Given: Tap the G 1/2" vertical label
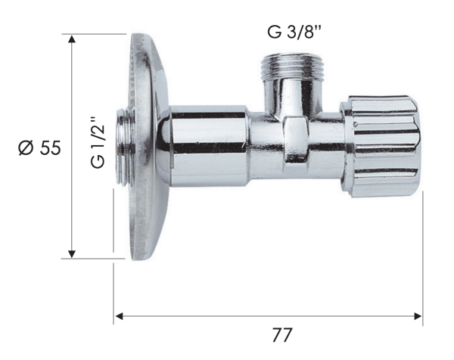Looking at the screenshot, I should click(x=97, y=141).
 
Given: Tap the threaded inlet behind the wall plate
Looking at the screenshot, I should click(x=123, y=147).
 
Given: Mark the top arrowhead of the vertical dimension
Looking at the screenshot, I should click(x=73, y=39).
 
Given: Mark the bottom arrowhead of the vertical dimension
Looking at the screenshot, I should click(x=73, y=253).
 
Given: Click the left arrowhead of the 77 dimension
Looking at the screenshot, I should click(x=119, y=317).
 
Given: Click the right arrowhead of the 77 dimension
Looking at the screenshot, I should click(x=418, y=317).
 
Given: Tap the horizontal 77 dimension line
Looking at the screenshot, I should click(x=227, y=317).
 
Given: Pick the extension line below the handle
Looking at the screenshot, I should click(x=422, y=257).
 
